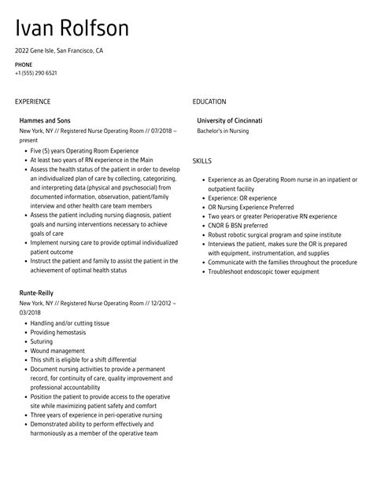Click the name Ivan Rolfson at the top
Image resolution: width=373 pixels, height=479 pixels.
(x=72, y=28)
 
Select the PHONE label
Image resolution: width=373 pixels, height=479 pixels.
(x=24, y=64)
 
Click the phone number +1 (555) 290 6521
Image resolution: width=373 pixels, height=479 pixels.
(x=35, y=73)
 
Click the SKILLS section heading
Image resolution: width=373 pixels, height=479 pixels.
(x=202, y=160)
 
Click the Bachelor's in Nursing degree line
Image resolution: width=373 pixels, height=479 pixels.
(x=223, y=131)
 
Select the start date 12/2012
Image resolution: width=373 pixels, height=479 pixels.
(x=161, y=281)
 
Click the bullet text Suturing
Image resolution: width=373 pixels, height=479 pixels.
(x=43, y=320)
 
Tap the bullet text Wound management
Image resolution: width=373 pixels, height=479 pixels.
(x=57, y=330)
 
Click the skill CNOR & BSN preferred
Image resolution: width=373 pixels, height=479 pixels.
(x=242, y=224)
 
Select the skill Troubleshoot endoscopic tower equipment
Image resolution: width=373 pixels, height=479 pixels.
(x=264, y=271)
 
